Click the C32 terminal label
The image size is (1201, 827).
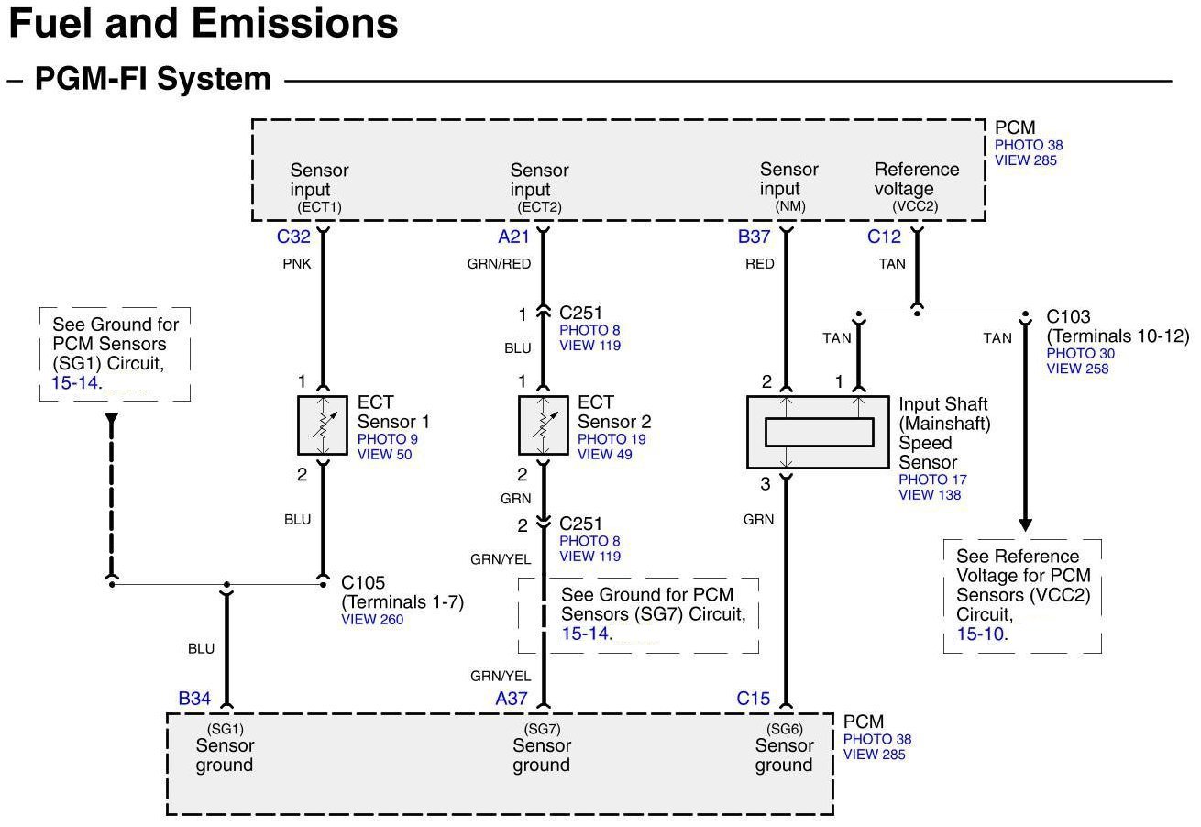point(293,237)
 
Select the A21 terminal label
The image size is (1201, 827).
point(513,237)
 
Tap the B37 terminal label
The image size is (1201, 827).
point(755,237)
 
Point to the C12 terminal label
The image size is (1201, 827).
point(885,237)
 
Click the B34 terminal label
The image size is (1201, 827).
point(194,699)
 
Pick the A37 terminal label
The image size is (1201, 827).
point(512,699)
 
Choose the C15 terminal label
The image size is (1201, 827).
point(754,699)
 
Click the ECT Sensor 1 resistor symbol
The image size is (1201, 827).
point(323,425)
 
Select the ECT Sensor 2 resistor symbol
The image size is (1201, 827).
point(543,425)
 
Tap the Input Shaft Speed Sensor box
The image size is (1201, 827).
point(819,432)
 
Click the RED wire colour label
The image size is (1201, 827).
point(760,264)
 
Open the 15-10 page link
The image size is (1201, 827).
point(981,634)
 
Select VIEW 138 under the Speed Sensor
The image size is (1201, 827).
point(930,495)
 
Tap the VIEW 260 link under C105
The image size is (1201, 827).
point(372,620)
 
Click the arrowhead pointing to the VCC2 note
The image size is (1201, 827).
point(1026,526)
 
